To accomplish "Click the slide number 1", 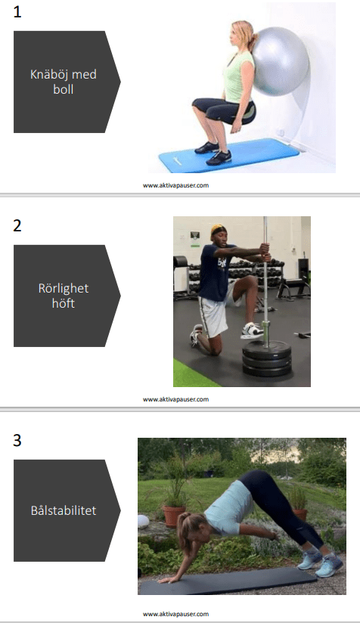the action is coord(17,12).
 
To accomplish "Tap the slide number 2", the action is coord(17,225).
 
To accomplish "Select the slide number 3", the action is coord(17,440).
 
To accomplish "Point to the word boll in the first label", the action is coord(64,89).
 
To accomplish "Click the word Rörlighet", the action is coord(64,289).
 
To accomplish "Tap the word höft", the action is coord(64,303).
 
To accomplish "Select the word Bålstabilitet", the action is coord(64,510).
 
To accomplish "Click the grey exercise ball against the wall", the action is coord(281,60).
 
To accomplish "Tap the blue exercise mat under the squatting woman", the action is coord(229,155).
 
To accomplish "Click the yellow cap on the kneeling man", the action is coord(217,229).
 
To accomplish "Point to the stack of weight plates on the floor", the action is coord(267,358).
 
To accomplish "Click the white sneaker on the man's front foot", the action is coord(252,330).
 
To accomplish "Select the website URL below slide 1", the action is coord(175,185).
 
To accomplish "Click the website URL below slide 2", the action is coord(175,399).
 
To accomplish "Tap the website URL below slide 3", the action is coord(175,614).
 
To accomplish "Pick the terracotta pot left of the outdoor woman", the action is coord(174,516).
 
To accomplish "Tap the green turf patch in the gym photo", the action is coord(190,374).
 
